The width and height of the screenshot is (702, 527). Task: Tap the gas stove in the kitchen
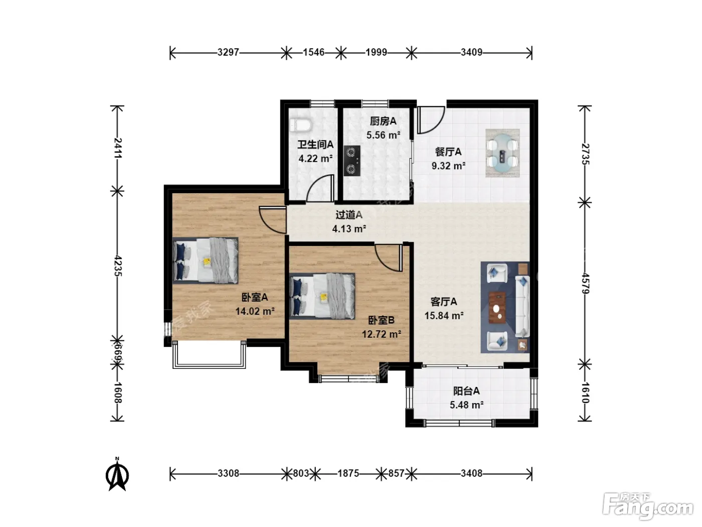[352, 161]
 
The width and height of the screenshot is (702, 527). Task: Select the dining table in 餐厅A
[502, 153]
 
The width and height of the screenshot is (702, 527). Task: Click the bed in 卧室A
[205, 260]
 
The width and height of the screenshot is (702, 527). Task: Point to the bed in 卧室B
[322, 296]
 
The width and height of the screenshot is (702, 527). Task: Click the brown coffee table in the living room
[497, 308]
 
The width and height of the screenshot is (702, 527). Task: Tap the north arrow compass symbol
[117, 474]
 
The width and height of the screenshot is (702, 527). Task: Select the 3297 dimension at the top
[228, 52]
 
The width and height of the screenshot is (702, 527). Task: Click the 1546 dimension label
[314, 52]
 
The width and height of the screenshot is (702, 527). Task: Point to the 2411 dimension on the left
[118, 148]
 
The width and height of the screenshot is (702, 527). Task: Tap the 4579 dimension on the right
[585, 283]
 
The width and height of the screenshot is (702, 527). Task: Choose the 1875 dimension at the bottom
[348, 473]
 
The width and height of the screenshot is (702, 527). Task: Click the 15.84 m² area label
[444, 316]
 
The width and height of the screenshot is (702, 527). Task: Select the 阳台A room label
[466, 390]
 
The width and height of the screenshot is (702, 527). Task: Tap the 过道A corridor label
[349, 215]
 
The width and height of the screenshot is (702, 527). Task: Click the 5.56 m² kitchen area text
[383, 135]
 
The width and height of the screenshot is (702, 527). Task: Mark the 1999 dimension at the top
[377, 52]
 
